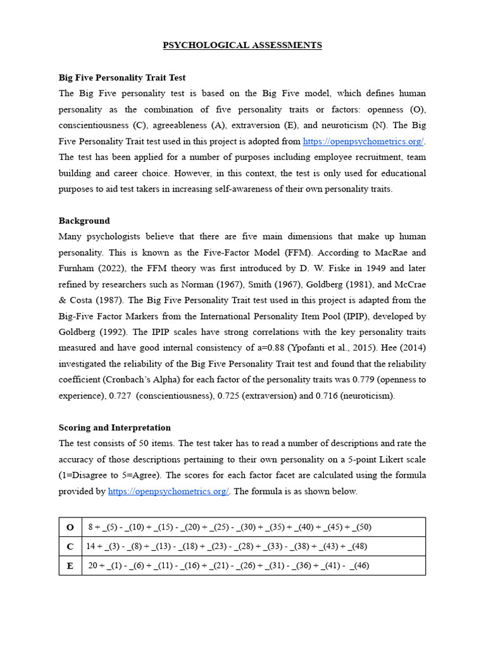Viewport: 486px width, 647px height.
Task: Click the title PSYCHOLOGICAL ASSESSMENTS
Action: [242, 45]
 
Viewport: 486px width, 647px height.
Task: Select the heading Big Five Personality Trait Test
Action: [122, 78]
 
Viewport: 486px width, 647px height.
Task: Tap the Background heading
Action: [84, 221]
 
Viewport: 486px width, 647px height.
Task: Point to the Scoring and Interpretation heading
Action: [115, 428]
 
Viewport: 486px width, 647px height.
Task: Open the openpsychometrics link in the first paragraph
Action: [363, 142]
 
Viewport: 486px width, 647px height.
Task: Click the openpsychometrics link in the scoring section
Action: [168, 492]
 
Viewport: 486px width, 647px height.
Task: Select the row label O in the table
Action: [70, 527]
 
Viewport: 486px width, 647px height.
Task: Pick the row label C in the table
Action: [70, 547]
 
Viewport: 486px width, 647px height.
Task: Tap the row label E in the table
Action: [70, 565]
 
